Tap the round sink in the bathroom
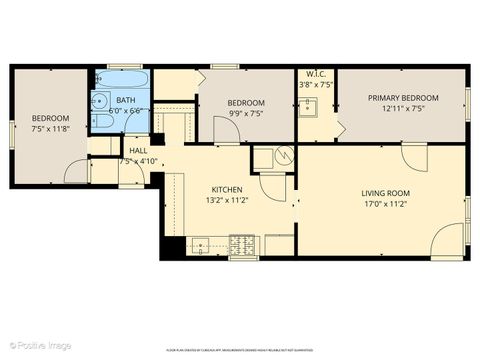tap(102, 101)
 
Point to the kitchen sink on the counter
tap(201, 243)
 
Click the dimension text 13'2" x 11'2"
tap(228, 200)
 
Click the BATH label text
tap(125, 100)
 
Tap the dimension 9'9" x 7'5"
tap(245, 114)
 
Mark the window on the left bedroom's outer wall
tap(12, 133)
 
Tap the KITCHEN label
tap(227, 190)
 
